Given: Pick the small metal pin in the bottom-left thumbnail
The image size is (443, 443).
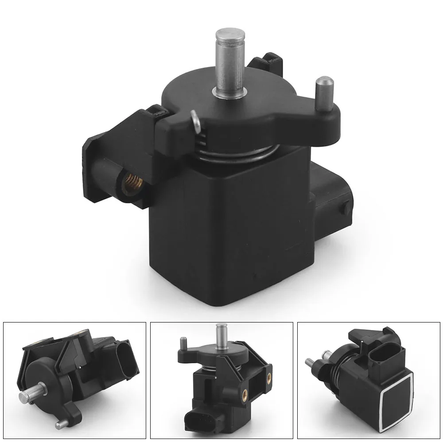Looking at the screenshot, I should (x=62, y=424).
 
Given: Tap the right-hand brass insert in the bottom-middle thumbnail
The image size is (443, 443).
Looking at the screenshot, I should (x=269, y=379).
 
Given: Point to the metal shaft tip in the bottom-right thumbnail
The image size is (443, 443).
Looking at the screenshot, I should (x=308, y=362).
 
